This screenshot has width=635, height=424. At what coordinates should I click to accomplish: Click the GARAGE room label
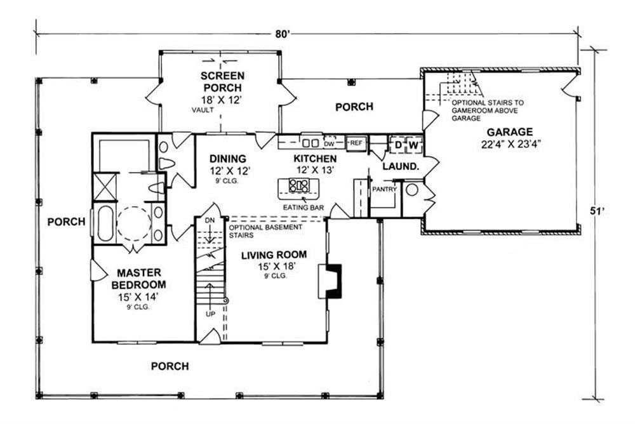coord(509,132)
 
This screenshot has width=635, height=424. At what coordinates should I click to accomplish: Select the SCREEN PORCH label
coord(222,81)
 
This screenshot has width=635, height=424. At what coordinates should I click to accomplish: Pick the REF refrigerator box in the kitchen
coord(356,143)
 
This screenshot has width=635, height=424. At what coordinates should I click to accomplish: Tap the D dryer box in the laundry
coord(398,145)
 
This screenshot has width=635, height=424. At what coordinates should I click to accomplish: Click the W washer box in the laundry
coord(413,145)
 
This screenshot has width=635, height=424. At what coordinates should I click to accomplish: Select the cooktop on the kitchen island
coord(299,185)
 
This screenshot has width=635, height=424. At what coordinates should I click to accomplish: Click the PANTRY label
coord(385,189)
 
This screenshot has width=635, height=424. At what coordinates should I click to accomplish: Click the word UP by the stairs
coord(211,314)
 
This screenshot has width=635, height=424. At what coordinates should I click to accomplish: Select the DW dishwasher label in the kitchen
coord(329,143)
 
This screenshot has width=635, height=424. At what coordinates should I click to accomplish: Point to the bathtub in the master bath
coord(105,222)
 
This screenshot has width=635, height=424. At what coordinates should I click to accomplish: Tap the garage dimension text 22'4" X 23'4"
coord(509,143)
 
